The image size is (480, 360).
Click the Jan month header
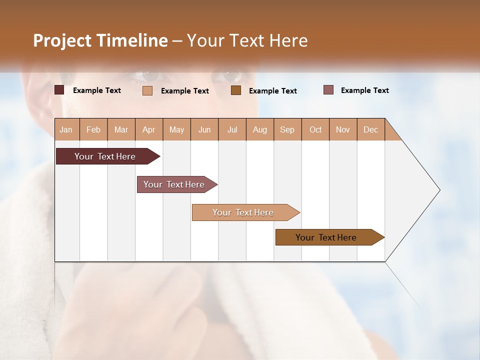click(66, 129)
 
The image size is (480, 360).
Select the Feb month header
click(93, 129)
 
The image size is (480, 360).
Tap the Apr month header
click(148, 129)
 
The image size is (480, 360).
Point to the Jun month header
click(204, 129)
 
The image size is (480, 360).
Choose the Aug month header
click(259, 129)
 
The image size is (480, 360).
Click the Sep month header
click(287, 129)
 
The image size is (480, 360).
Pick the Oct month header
click(315, 129)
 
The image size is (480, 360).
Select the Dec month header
click(370, 129)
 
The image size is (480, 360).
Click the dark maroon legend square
click(59, 90)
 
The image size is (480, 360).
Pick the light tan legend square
click(147, 90)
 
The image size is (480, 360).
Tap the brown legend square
click(236, 90)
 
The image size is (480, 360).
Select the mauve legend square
click(328, 90)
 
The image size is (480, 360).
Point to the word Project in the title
click(62, 40)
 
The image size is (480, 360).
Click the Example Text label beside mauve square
click(364, 90)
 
